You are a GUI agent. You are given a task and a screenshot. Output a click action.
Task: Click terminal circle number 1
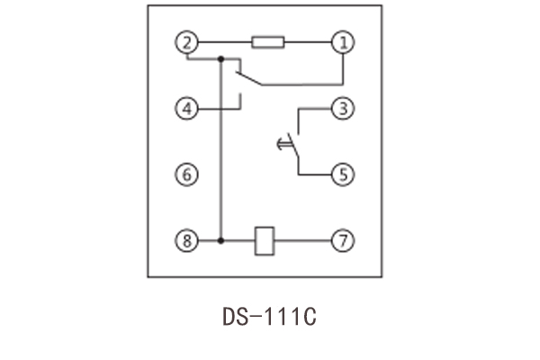pos(343,41)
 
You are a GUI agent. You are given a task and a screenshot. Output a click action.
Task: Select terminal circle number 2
pos(186,41)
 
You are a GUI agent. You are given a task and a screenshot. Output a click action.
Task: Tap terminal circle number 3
pos(343,108)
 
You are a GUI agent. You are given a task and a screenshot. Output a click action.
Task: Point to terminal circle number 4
pos(186,108)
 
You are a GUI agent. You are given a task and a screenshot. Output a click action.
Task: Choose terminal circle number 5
pos(343,174)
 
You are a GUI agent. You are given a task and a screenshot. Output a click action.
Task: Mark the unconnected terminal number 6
pos(186,174)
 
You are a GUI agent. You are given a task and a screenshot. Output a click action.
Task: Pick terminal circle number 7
pos(343,241)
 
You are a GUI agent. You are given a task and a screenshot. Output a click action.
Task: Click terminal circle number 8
pos(186,241)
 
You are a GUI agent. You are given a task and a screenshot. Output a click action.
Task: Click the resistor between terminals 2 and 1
pos(267,41)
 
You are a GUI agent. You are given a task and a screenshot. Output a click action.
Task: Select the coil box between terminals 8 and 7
pos(265,241)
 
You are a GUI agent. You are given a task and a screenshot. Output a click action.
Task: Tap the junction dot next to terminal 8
pos(220,241)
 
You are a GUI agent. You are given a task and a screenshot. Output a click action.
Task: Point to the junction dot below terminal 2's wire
pos(220,59)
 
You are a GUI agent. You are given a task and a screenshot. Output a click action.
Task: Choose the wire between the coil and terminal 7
pos(303,241)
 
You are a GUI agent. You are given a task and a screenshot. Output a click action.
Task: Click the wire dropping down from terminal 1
pos(343,67)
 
